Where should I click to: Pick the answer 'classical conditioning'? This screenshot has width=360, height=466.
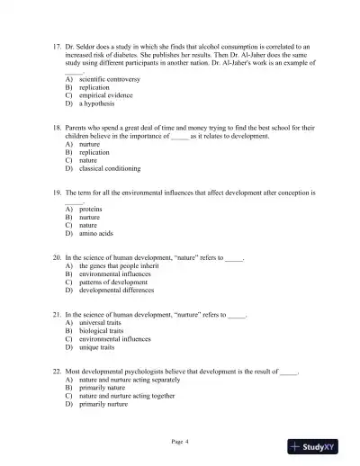coord(109,168)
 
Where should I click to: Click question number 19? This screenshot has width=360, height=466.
coord(58,193)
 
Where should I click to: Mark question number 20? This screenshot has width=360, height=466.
coord(58,258)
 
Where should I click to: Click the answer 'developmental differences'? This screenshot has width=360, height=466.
coord(116,291)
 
